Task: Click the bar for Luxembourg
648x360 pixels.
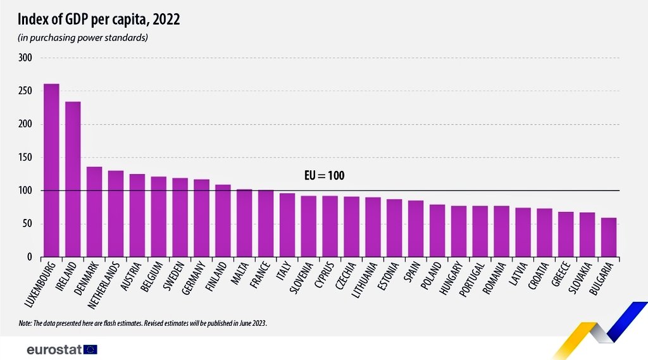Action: (51, 170)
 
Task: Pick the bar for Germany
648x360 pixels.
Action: (201, 218)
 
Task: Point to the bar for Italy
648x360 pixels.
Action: (287, 225)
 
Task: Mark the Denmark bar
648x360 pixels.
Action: (94, 212)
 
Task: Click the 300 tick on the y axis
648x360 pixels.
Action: (26, 58)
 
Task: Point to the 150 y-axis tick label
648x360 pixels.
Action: (26, 158)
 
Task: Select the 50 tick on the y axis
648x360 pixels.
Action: (28, 224)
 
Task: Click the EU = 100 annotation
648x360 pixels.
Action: (321, 176)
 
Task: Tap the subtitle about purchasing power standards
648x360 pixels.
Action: (84, 38)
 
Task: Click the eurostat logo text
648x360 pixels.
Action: (54, 349)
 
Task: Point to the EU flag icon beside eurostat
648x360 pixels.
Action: (90, 349)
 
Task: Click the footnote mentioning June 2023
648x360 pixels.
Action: (143, 323)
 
